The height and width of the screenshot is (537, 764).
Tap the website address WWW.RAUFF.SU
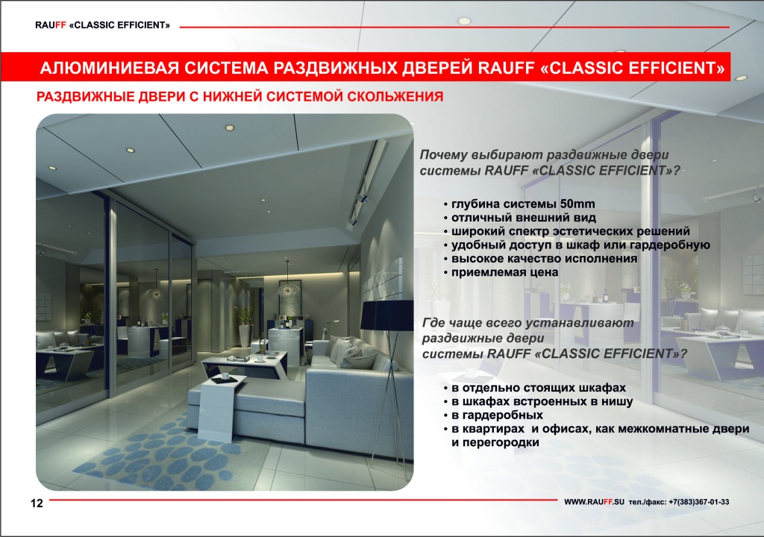pos(593,502)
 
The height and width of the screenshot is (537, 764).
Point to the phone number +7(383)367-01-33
pos(698,502)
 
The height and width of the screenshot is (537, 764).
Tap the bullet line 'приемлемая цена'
pos(505,272)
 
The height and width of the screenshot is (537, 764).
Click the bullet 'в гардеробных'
pos(497,415)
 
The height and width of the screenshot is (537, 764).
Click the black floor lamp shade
pos(386,315)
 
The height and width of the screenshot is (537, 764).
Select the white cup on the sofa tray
pos(225,376)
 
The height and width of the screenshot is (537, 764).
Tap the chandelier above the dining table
pos(289,289)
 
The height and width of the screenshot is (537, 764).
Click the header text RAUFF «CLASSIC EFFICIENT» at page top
pos(102,25)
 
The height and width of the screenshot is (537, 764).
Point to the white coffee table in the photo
pos(245,365)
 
